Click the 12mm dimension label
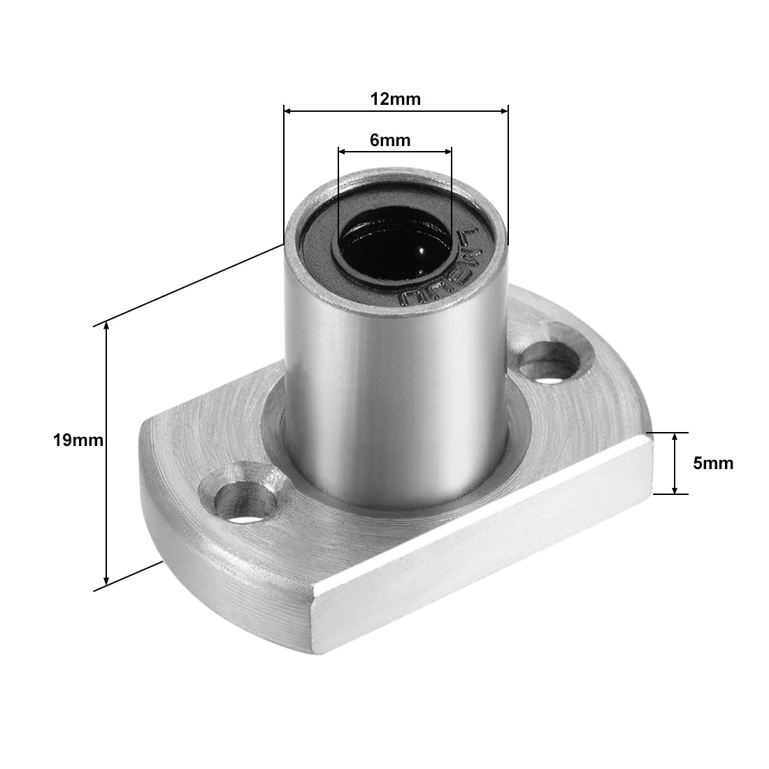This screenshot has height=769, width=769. [396, 99]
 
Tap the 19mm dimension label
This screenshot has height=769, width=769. [78, 440]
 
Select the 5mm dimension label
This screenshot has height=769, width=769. [713, 463]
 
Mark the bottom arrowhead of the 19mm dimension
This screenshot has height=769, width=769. [106, 580]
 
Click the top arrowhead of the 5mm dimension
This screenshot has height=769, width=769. [675, 438]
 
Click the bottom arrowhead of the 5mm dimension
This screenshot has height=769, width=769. [675, 489]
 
